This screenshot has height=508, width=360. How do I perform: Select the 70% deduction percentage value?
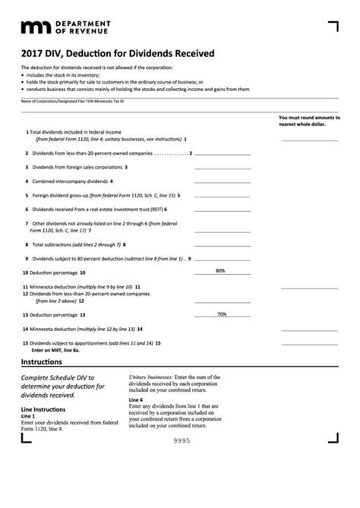tap(222, 314)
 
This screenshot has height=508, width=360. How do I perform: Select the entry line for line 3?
tap(222, 167)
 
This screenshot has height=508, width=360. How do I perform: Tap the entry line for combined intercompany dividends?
tap(222, 181)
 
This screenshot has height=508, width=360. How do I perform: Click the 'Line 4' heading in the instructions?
tap(136, 399)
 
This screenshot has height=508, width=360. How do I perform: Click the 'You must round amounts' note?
tap(309, 121)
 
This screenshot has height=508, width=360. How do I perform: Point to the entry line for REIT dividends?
tap(222, 209)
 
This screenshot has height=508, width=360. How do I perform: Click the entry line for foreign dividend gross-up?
tap(222, 195)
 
